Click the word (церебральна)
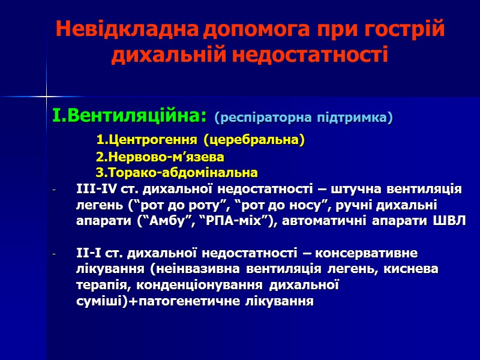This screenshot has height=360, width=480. (x=254, y=140)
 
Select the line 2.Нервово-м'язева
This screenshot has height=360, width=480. (x=160, y=157)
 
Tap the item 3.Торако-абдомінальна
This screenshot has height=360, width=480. (x=177, y=173)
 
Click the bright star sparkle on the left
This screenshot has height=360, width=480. (x=46, y=95)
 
